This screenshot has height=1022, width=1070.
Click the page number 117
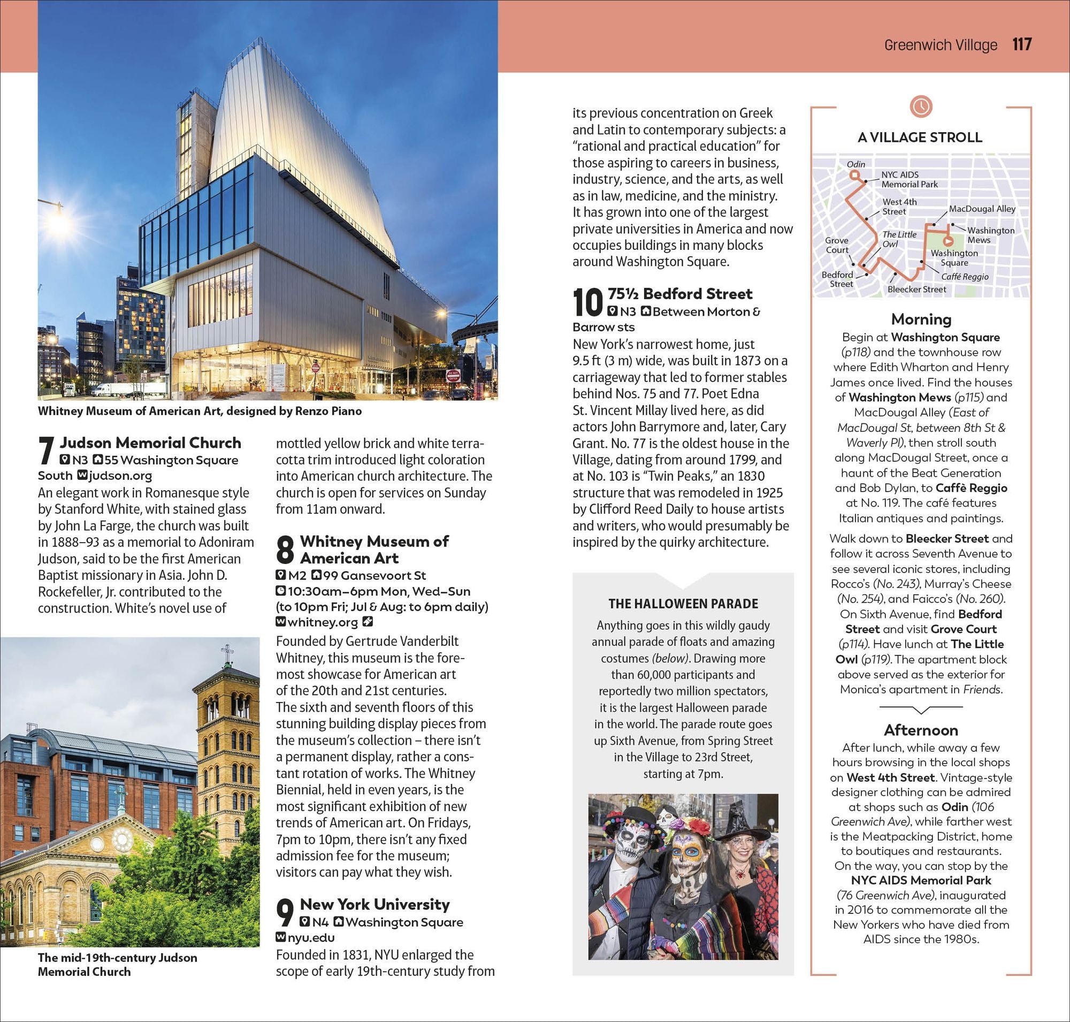tap(1022, 44)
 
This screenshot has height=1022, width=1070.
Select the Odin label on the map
tap(855, 164)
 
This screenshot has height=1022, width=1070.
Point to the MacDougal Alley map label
tap(982, 209)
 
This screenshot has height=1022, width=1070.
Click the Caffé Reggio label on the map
tap(964, 277)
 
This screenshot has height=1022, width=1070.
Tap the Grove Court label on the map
tap(836, 245)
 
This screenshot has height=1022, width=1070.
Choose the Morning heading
tap(921, 319)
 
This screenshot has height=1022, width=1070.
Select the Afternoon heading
tap(921, 730)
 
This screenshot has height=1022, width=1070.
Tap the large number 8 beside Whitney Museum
tap(285, 550)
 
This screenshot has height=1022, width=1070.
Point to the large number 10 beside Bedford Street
tap(588, 303)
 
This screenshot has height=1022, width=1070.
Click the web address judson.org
tap(120, 476)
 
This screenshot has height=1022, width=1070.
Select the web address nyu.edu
tap(310, 937)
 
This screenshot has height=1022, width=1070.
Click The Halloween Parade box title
tap(683, 604)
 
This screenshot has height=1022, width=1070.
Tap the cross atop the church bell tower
tap(227, 651)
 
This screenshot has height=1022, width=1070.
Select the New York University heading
tap(374, 904)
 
